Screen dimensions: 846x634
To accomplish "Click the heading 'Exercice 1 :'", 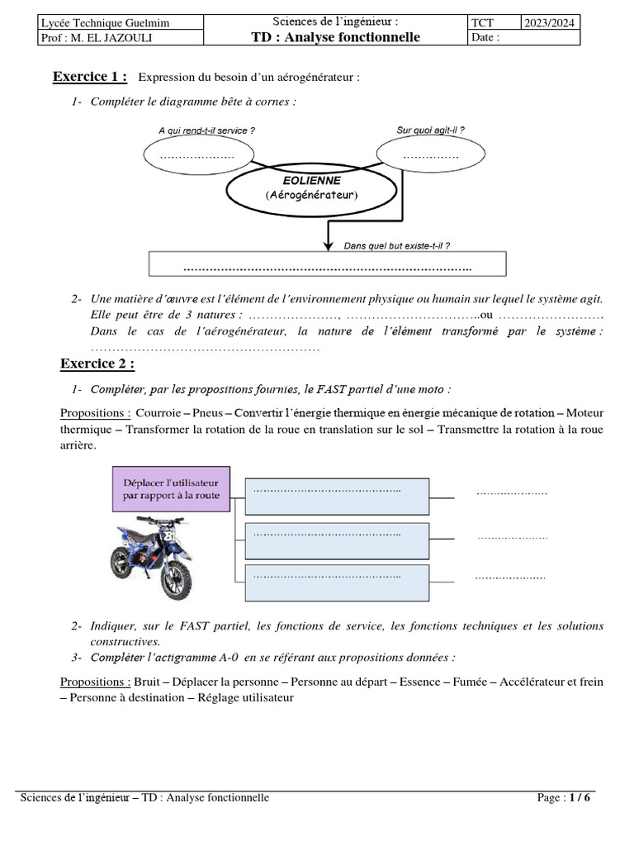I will tap(90, 77).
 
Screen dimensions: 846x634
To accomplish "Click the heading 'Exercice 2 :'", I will tap(97, 364).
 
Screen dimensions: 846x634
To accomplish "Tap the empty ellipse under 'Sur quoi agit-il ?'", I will tap(430, 154).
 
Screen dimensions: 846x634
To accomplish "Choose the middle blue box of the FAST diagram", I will tap(336, 540).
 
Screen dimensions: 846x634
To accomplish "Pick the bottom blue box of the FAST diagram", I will tap(336, 583).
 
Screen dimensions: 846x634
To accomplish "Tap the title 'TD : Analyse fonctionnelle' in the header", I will tap(335, 37).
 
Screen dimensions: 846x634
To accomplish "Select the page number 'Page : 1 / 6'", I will tap(563, 797).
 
